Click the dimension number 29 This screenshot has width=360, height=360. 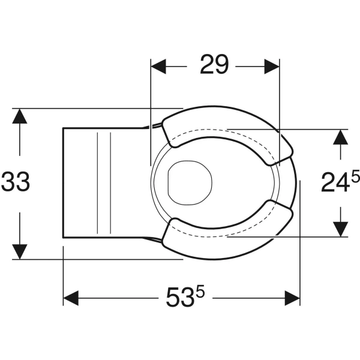[x=214, y=64]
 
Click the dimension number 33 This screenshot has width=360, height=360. [x=16, y=182]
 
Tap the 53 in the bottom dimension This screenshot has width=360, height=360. [x=180, y=298]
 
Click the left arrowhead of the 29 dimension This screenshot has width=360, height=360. [x=158, y=67]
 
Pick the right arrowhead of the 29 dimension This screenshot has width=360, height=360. [x=272, y=67]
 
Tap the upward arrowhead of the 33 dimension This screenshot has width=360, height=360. [x=20, y=116]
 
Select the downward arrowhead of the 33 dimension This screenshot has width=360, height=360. [x=20, y=252]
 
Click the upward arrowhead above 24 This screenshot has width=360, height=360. [x=340, y=137]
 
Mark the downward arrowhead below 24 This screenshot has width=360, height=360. [x=340, y=229]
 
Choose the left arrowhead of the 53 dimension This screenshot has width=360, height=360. [x=71, y=298]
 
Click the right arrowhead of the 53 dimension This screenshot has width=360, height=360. [x=292, y=298]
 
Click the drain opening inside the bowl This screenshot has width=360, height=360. [x=190, y=182]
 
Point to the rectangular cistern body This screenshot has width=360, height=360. [x=103, y=183]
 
